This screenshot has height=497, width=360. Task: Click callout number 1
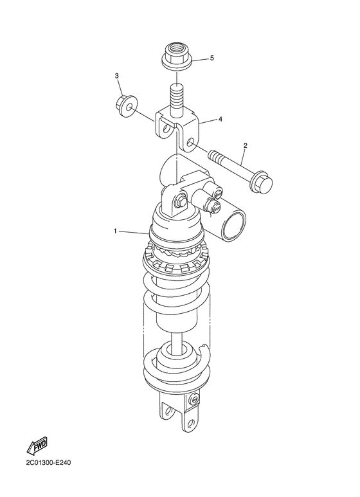pyautogui.click(x=116, y=230)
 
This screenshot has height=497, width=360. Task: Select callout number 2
pyautogui.click(x=244, y=145)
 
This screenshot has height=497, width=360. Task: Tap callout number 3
pyautogui.click(x=118, y=77)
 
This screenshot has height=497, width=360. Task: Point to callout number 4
pyautogui.click(x=220, y=119)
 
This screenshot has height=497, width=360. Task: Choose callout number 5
pyautogui.click(x=212, y=59)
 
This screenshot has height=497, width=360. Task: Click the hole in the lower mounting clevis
pyautogui.click(x=168, y=411)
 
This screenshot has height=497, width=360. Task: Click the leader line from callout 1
pyautogui.click(x=135, y=233)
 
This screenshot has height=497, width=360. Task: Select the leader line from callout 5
pyautogui.click(x=199, y=59)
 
